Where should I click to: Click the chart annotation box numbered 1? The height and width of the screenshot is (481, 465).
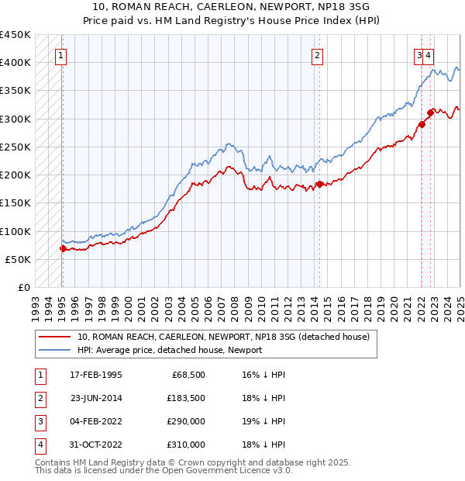pyautogui.click(x=60, y=55)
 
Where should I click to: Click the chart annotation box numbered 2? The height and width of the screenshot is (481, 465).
pyautogui.click(x=318, y=55)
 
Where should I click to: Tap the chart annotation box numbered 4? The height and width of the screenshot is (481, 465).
pyautogui.click(x=429, y=55)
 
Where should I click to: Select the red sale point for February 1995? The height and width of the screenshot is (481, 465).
pyautogui.click(x=63, y=248)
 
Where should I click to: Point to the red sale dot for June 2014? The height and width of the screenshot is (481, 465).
pyautogui.click(x=319, y=184)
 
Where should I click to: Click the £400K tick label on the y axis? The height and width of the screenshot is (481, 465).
pyautogui.click(x=15, y=62)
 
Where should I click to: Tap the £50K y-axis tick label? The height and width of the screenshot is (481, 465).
pyautogui.click(x=18, y=259)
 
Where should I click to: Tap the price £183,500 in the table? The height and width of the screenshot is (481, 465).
pyautogui.click(x=186, y=398)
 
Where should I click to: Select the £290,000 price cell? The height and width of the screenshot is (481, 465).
pyautogui.click(x=186, y=421)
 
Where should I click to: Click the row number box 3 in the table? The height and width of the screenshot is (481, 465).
pyautogui.click(x=39, y=421)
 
